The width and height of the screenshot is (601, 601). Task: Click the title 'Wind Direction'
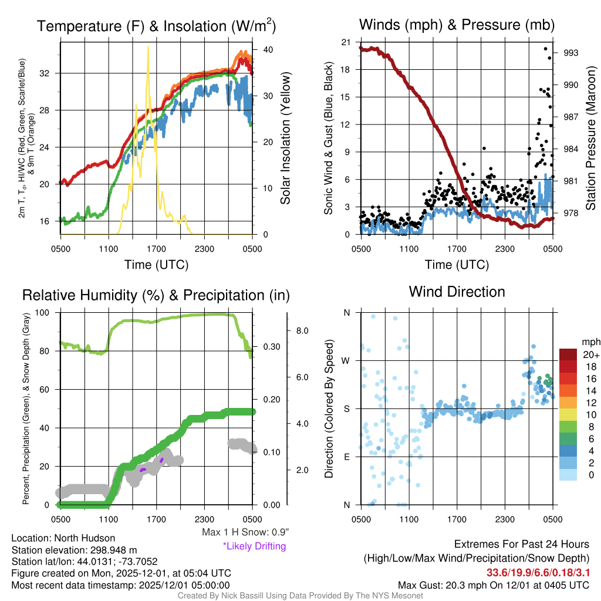457,292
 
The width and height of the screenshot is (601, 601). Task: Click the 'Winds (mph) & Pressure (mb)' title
457,25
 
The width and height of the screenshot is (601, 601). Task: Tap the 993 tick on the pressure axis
570,53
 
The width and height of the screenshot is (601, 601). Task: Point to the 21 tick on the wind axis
346,42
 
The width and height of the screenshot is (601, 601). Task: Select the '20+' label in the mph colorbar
591,355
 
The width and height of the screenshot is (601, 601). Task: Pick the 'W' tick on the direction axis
346,360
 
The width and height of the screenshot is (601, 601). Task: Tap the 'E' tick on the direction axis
346,457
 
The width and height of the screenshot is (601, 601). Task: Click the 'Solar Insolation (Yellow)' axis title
286,139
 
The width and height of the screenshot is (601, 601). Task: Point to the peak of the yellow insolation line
148,47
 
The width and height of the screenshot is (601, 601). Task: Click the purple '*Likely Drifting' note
254,546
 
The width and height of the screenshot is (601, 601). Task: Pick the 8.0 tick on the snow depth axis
302,331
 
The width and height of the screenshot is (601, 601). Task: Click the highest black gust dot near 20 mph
546,49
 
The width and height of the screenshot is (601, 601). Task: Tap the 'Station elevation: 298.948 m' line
74,550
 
